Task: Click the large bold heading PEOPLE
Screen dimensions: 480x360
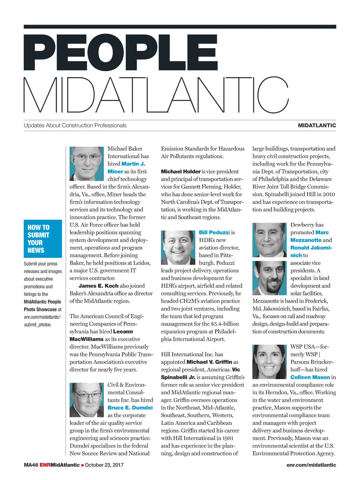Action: point(120,53)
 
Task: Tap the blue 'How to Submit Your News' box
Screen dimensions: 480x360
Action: point(43,238)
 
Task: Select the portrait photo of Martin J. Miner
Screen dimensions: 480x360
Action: point(87,163)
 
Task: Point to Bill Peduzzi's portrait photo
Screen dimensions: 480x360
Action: point(178,247)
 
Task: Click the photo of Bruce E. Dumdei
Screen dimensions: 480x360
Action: point(87,400)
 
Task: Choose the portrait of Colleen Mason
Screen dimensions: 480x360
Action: point(269,361)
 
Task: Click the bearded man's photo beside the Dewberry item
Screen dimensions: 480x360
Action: point(269,278)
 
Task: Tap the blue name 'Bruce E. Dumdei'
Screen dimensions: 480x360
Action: point(130,408)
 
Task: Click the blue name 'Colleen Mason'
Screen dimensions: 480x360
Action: point(310,377)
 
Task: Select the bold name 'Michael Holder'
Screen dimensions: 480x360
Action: point(181,172)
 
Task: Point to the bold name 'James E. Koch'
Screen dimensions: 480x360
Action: point(98,286)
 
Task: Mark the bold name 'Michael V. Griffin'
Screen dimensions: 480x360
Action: point(209,362)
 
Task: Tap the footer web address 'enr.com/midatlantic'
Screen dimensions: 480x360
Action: point(311,465)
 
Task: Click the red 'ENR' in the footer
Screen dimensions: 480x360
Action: point(45,465)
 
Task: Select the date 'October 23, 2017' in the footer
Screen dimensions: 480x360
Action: point(104,465)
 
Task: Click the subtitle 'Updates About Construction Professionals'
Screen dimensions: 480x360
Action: point(75,125)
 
